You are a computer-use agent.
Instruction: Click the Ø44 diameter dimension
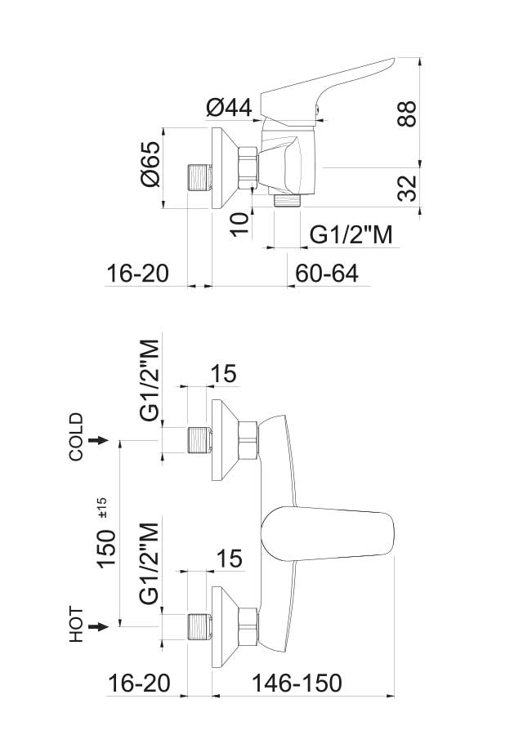coord(229,109)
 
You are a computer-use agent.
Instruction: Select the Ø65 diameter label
coord(151,163)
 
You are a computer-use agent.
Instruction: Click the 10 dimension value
coord(239,224)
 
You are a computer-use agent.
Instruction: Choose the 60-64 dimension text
coord(327,273)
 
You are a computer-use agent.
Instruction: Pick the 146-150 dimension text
coord(297,683)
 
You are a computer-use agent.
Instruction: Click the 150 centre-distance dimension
coord(107,548)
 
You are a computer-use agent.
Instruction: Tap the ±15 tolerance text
coord(102,508)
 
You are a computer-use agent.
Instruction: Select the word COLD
coord(76,437)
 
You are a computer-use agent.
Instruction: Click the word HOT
coord(76,625)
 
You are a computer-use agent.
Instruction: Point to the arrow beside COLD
coord(98,440)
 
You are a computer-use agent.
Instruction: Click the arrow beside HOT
coord(98,626)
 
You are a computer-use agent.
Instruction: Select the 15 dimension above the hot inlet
coord(229,559)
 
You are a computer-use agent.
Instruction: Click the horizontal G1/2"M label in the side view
coord(351,234)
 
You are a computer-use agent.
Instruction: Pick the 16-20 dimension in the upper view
coord(138,273)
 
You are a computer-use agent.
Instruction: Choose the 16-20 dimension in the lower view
coord(139,683)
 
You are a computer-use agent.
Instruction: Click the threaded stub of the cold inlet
coord(199,439)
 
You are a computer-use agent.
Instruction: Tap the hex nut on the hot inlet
coord(248,626)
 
